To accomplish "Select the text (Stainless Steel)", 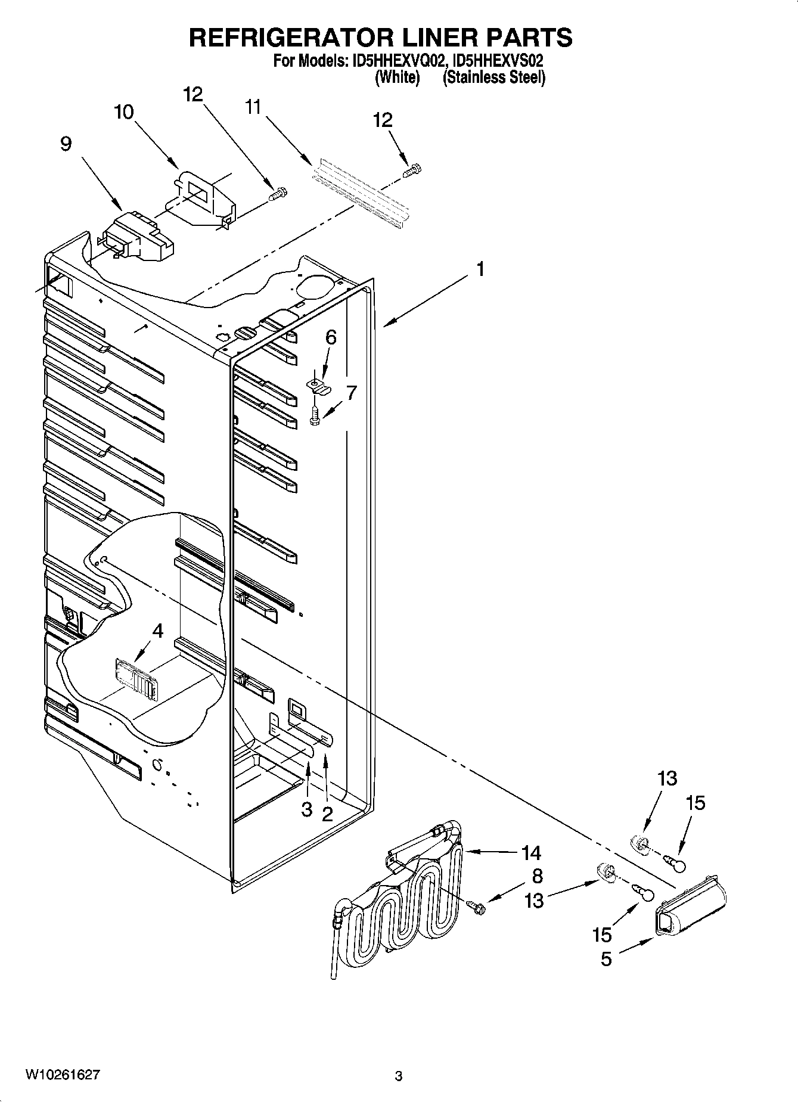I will click(493, 77).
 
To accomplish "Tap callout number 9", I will click(66, 144).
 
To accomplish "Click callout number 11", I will click(253, 107).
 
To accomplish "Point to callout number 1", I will click(480, 269).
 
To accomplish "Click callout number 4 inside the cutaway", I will click(157, 631).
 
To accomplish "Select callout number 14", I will click(530, 853).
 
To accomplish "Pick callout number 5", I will click(606, 959).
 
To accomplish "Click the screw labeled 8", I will click(477, 907).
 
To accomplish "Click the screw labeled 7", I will click(315, 415).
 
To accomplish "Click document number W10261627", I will click(63, 1075).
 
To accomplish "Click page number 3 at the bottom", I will click(399, 1076).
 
